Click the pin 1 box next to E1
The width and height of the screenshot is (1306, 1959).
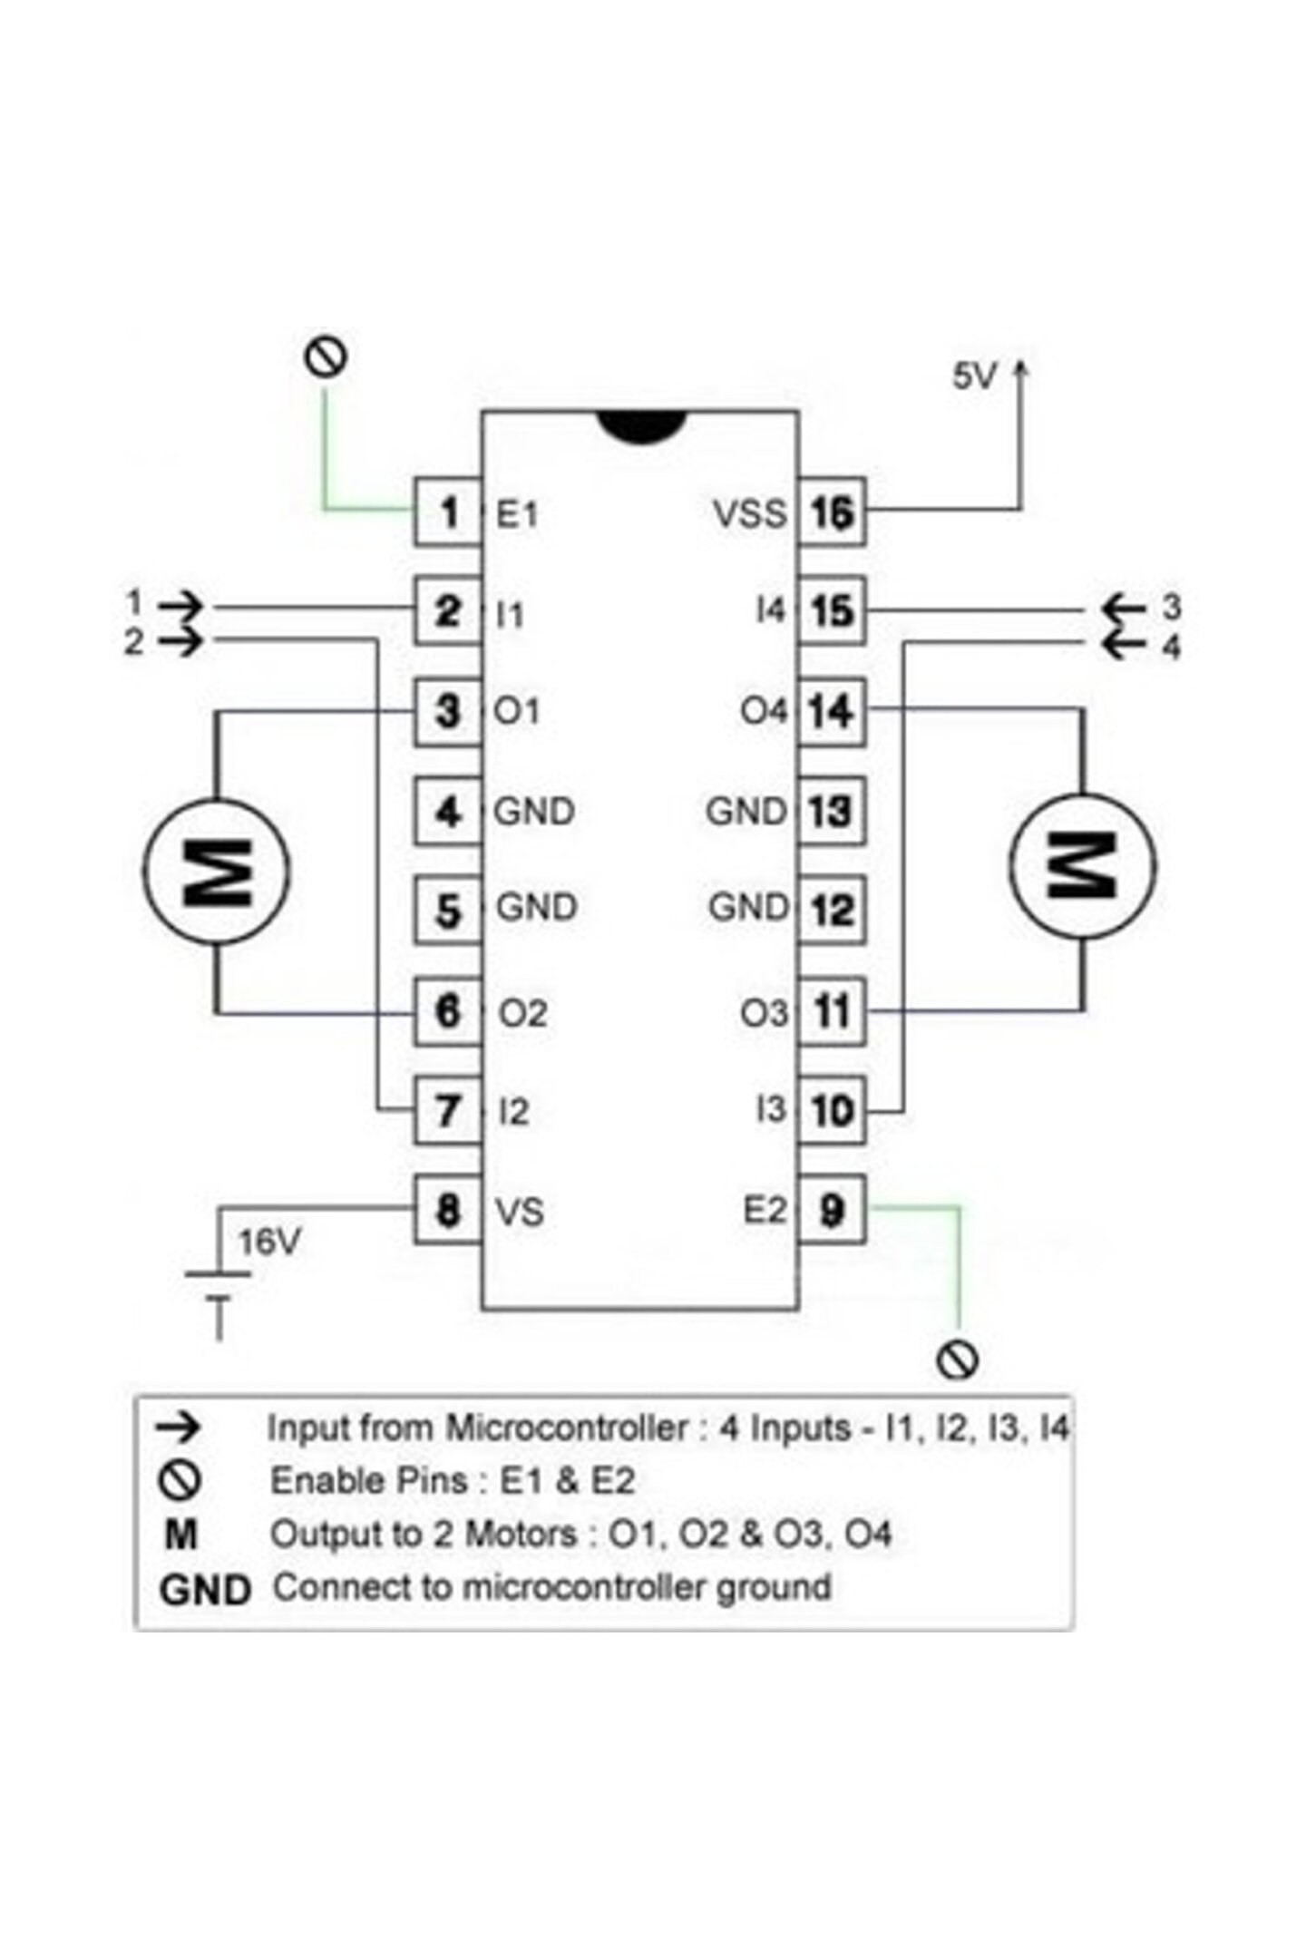coord(448,512)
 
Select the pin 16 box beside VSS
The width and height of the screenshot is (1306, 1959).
coord(832,512)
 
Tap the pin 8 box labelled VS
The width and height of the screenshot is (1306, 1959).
coord(448,1209)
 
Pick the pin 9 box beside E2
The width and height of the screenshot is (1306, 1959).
coord(832,1209)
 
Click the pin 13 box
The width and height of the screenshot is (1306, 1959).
coord(832,811)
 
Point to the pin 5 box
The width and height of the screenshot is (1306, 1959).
coord(448,910)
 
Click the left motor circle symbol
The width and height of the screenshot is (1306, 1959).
coord(216,871)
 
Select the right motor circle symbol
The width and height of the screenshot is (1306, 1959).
coord(1083,865)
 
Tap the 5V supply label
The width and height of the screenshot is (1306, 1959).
coord(974,375)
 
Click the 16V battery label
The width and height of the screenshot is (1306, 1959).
coord(268,1242)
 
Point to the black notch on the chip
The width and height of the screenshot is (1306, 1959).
coord(640,427)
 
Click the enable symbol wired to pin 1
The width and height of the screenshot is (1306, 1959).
coord(326,356)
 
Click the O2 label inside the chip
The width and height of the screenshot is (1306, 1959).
coord(522,1013)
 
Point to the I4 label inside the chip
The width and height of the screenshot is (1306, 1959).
coord(770,610)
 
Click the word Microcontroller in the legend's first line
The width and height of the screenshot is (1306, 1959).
coord(566,1428)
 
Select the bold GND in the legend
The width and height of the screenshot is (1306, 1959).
coord(204,1590)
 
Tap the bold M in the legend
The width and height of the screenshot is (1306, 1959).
coord(181,1534)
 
